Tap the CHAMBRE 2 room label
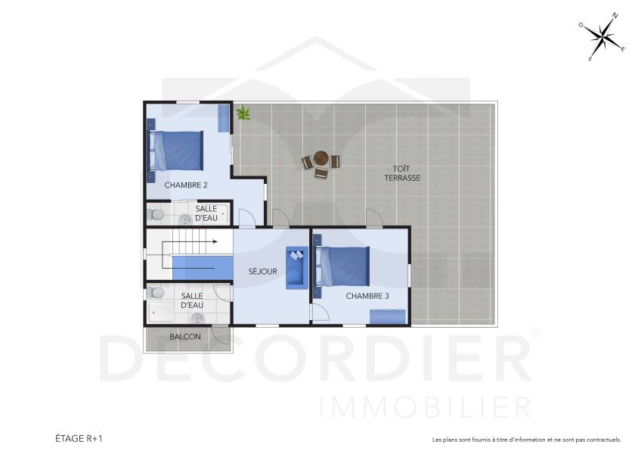pyautogui.click(x=175, y=185)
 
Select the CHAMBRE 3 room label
pyautogui.click(x=367, y=296)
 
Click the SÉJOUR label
pyautogui.click(x=263, y=271)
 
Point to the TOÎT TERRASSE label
pyautogui.click(x=401, y=173)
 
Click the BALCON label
pyautogui.click(x=184, y=337)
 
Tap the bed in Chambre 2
pyautogui.click(x=177, y=150)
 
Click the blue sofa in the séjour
pyautogui.click(x=295, y=268)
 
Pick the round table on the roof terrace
pyautogui.click(x=320, y=159)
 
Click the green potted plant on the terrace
pyautogui.click(x=243, y=113)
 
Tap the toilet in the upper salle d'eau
pyautogui.click(x=156, y=215)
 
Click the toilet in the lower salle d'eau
pyautogui.click(x=157, y=293)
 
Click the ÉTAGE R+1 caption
pyautogui.click(x=79, y=438)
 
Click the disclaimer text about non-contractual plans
pyautogui.click(x=526, y=440)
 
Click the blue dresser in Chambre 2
pyautogui.click(x=224, y=118)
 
